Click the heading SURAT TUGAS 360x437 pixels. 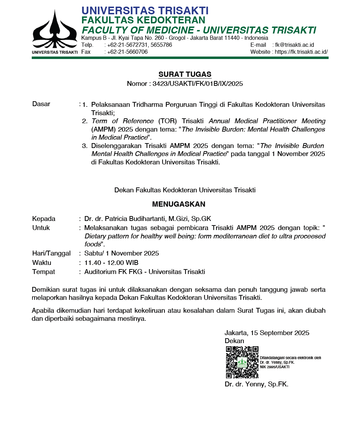coord(185,74)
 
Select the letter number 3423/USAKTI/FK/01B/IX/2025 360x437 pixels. coord(197,84)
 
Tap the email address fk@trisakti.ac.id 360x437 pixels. coord(294,45)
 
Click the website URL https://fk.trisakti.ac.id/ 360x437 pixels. coord(301,52)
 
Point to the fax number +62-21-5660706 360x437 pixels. coord(127,52)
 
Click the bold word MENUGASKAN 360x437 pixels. coord(179,204)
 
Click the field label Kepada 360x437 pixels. coord(44,219)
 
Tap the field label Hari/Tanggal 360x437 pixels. coord(51,253)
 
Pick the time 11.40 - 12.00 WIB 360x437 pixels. coord(111,263)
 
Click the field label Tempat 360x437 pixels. coord(44,272)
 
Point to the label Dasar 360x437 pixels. coord(41,104)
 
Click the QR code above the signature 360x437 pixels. coord(242,362)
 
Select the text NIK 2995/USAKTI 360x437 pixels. coord(275,367)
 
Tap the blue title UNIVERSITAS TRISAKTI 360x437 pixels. coord(145,11)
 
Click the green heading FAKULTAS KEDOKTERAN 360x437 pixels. coord(143,20)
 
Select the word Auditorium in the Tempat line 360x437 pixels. coord(100,272)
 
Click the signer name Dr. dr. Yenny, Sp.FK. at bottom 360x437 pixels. coord(256,384)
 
